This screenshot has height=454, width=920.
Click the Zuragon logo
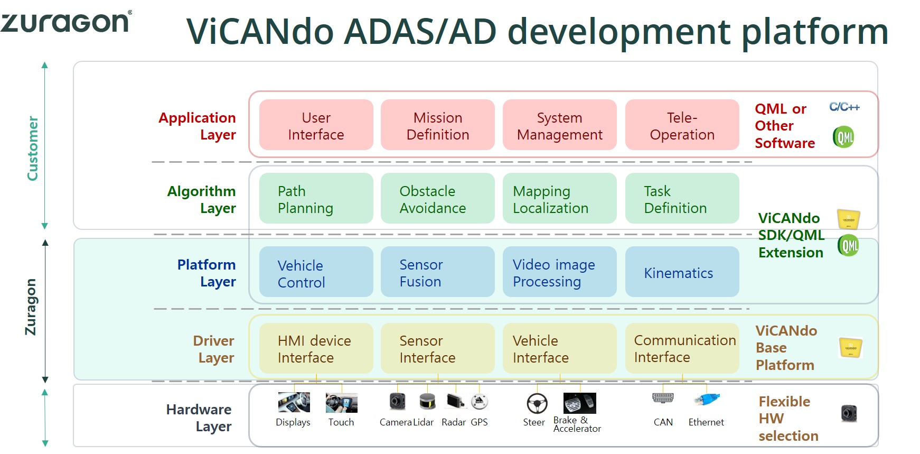pos(65,22)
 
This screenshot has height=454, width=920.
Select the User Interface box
pos(316,125)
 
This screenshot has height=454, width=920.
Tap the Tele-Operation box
pos(682,125)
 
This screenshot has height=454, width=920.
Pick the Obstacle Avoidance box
pos(438,199)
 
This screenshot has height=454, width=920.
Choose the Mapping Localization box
pos(560,199)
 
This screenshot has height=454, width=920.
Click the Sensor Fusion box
pos(438,272)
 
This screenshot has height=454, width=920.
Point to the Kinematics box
pos(682,272)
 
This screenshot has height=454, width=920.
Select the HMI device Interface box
pos(316,349)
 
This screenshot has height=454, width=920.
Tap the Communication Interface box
pos(682,349)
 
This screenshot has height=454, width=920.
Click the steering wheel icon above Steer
pos(537,404)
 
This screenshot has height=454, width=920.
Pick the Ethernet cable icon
pos(707,400)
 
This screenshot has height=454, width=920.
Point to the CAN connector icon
pos(663,398)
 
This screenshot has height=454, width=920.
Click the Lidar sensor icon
pos(428,402)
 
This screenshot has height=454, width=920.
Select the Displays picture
pos(294,402)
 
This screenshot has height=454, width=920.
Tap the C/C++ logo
pos(844,107)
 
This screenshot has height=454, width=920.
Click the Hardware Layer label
pos(199,418)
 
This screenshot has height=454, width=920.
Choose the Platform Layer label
pos(206,273)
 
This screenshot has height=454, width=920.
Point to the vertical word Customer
pos(33,149)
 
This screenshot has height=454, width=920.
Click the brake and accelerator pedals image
pos(580,403)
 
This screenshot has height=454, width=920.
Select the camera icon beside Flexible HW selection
pos(849,413)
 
